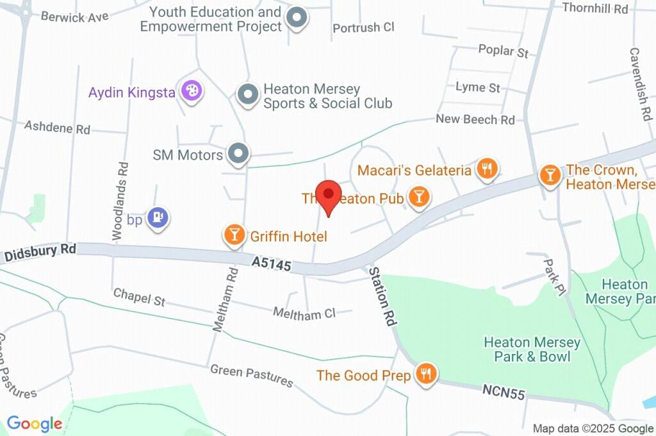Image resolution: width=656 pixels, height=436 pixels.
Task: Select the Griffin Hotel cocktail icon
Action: [234, 235]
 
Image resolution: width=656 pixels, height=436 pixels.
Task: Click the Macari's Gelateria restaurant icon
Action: [488, 169]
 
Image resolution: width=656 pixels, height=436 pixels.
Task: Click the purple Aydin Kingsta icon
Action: [190, 91]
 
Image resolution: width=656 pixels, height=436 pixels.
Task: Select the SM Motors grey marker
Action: [239, 153]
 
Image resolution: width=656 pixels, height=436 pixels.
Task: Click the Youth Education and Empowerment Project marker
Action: [297, 18]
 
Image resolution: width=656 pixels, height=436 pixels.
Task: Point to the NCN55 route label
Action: [504, 392]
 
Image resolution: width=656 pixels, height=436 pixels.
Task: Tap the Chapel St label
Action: [139, 297]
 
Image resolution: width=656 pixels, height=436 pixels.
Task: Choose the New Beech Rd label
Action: [475, 119]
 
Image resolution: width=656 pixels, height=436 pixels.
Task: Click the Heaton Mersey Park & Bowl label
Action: [532, 349]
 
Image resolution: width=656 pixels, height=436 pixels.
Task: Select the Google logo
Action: [35, 423]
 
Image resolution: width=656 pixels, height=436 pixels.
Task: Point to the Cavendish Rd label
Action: [637, 84]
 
